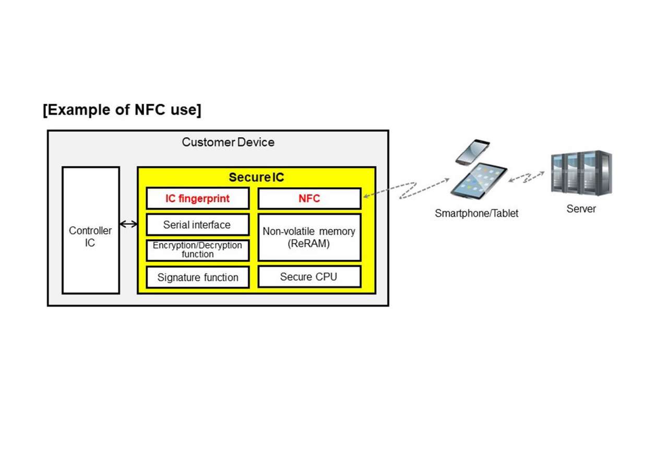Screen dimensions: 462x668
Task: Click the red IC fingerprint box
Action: pyautogui.click(x=198, y=199)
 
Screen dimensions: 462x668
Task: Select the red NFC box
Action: pyautogui.click(x=309, y=199)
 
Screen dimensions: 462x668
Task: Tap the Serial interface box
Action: pyautogui.click(x=197, y=225)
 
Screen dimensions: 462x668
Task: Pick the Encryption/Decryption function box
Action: pyautogui.click(x=197, y=250)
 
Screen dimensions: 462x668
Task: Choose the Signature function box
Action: pyautogui.click(x=198, y=277)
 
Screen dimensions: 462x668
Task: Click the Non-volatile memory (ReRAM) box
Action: pyautogui.click(x=309, y=237)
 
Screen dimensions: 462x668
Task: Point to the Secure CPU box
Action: pyautogui.click(x=309, y=277)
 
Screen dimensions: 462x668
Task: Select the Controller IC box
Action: pyautogui.click(x=90, y=230)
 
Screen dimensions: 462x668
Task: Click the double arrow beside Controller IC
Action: pyautogui.click(x=128, y=224)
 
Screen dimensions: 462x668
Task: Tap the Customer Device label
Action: pyautogui.click(x=228, y=142)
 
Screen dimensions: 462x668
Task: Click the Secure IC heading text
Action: pyautogui.click(x=256, y=177)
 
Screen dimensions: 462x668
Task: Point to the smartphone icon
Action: pyautogui.click(x=472, y=151)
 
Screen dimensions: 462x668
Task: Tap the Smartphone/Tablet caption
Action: pyautogui.click(x=476, y=213)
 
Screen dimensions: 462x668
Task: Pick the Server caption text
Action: pyautogui.click(x=581, y=209)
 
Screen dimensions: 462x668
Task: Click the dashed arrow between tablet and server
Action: pyautogui.click(x=527, y=177)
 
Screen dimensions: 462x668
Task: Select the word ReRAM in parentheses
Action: pyautogui.click(x=309, y=244)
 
